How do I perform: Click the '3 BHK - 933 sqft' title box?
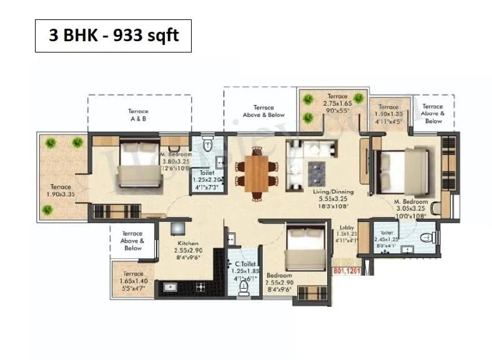113,36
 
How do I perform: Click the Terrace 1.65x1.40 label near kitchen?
132,279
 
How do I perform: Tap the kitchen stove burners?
201,288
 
